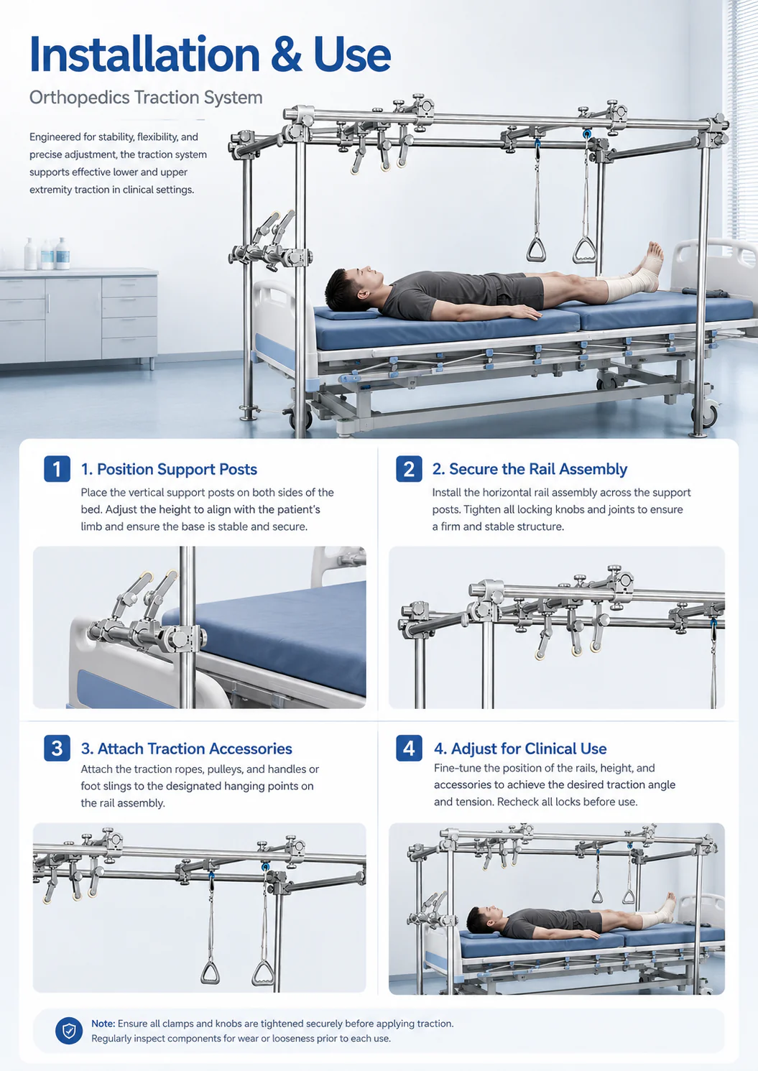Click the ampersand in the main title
point(286,54)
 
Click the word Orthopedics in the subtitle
point(79,98)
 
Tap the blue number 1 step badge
point(57,468)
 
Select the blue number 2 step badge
point(409,468)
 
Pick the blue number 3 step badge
point(57,748)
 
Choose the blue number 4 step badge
point(409,748)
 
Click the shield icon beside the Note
point(69,1030)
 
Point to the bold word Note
point(103,1023)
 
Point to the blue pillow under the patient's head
point(346,314)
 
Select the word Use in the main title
point(353,54)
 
